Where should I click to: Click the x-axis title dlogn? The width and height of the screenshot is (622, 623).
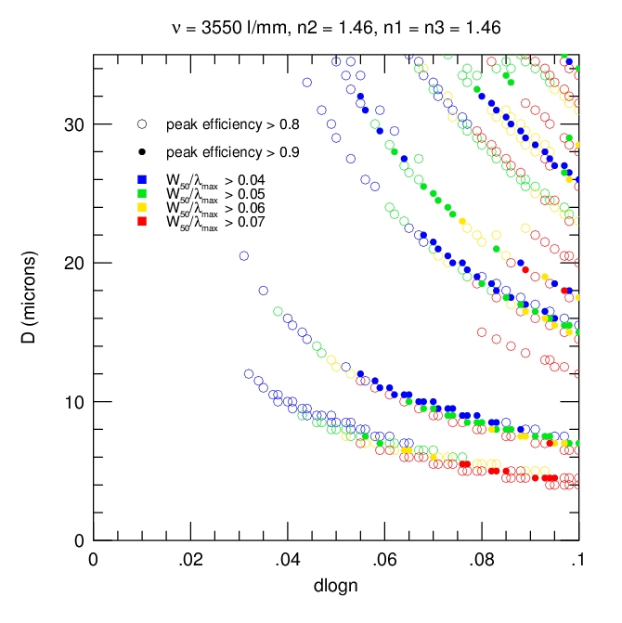tap(335, 587)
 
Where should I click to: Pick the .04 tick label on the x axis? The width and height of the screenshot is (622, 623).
tap(287, 560)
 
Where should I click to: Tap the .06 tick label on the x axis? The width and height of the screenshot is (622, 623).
tap(384, 560)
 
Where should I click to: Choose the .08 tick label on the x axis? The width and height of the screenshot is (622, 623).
tap(481, 560)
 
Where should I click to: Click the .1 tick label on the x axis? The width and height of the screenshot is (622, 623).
tap(578, 560)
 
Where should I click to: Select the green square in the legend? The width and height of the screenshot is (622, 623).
tap(142, 193)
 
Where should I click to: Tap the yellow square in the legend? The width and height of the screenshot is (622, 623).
tap(142, 207)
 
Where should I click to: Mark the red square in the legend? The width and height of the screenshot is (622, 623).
tap(142, 221)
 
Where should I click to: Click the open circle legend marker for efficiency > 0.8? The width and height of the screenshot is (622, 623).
tap(142, 123)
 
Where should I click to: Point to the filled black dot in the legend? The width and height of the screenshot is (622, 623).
tap(142, 151)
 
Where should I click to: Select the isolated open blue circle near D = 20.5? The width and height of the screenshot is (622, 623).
tap(244, 255)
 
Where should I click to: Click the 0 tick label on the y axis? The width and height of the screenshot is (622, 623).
tap(79, 540)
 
